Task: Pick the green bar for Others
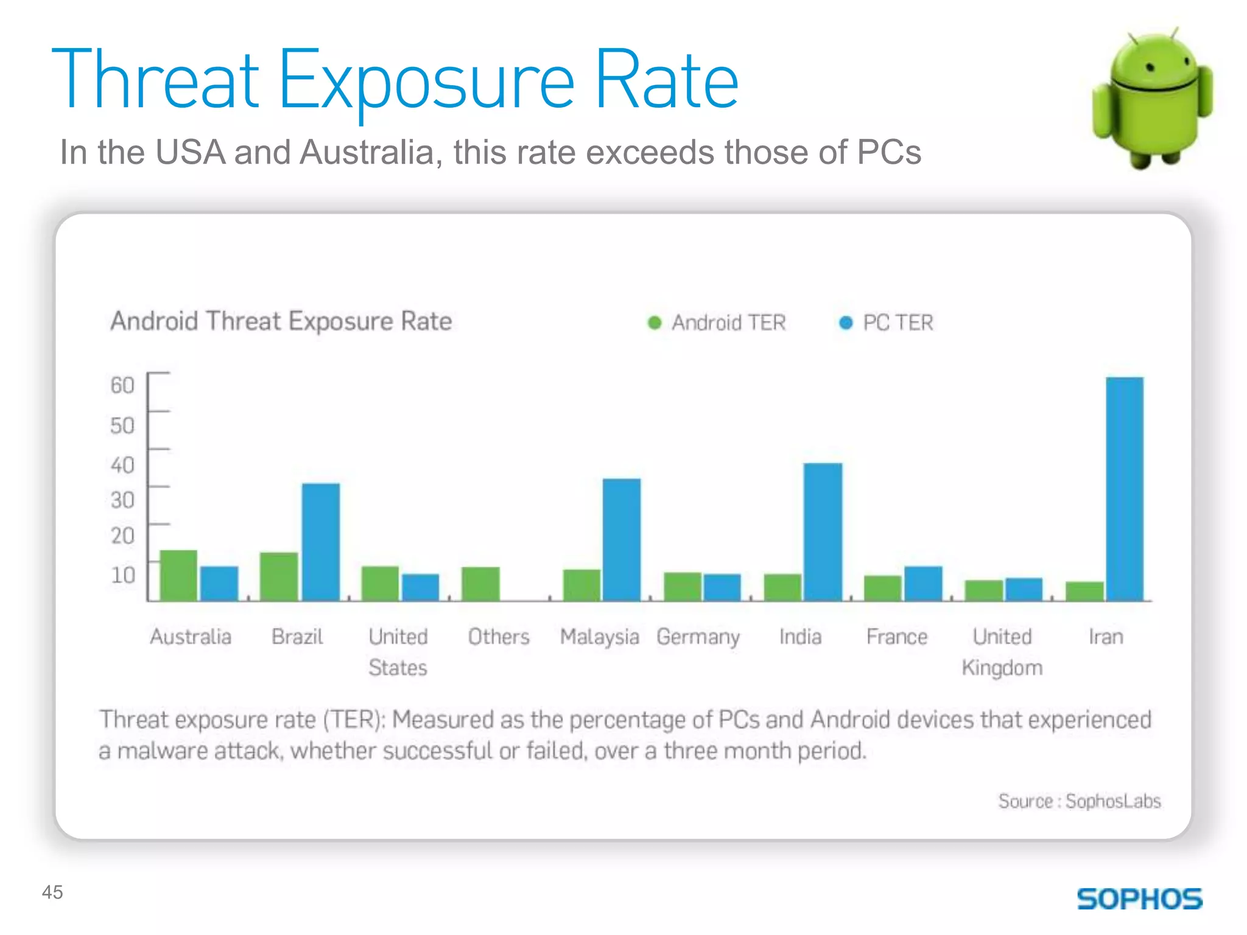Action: coord(480,584)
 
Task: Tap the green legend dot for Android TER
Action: coord(655,323)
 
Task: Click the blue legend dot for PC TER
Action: coord(846,323)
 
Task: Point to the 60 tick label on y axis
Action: coord(122,385)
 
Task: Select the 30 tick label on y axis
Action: coord(122,500)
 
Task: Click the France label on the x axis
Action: coord(896,637)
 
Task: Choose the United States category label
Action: coord(398,652)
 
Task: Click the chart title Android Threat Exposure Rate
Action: coord(281,321)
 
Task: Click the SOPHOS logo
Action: coord(1139,898)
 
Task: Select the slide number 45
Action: coord(52,892)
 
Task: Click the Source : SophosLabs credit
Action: coord(1079,801)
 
